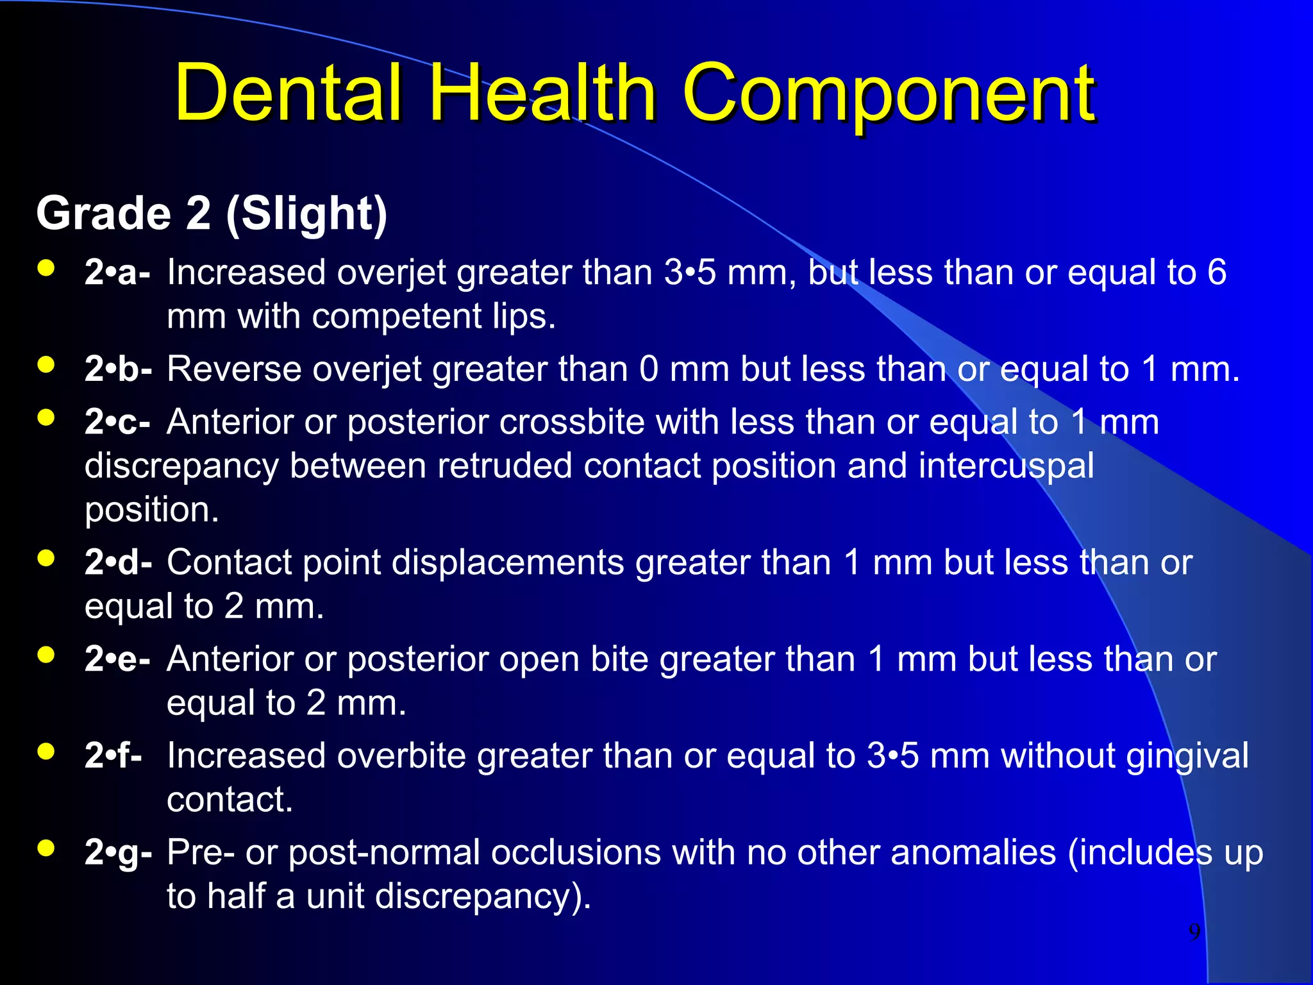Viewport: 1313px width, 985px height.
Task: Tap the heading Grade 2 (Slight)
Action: click(212, 214)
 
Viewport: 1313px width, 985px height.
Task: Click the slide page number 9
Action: click(1194, 932)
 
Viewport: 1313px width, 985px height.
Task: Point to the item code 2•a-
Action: click(117, 273)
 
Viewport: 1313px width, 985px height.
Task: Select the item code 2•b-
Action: click(118, 369)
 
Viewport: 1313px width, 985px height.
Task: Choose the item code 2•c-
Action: click(117, 422)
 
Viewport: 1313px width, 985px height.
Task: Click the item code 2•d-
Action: click(118, 562)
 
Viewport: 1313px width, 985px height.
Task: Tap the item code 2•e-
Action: click(117, 659)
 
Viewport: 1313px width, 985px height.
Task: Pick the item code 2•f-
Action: click(113, 755)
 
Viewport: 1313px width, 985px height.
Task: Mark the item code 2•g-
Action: click(118, 853)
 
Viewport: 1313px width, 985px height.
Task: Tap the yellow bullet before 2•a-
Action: click(46, 268)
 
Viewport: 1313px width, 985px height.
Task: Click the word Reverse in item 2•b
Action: click(234, 369)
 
